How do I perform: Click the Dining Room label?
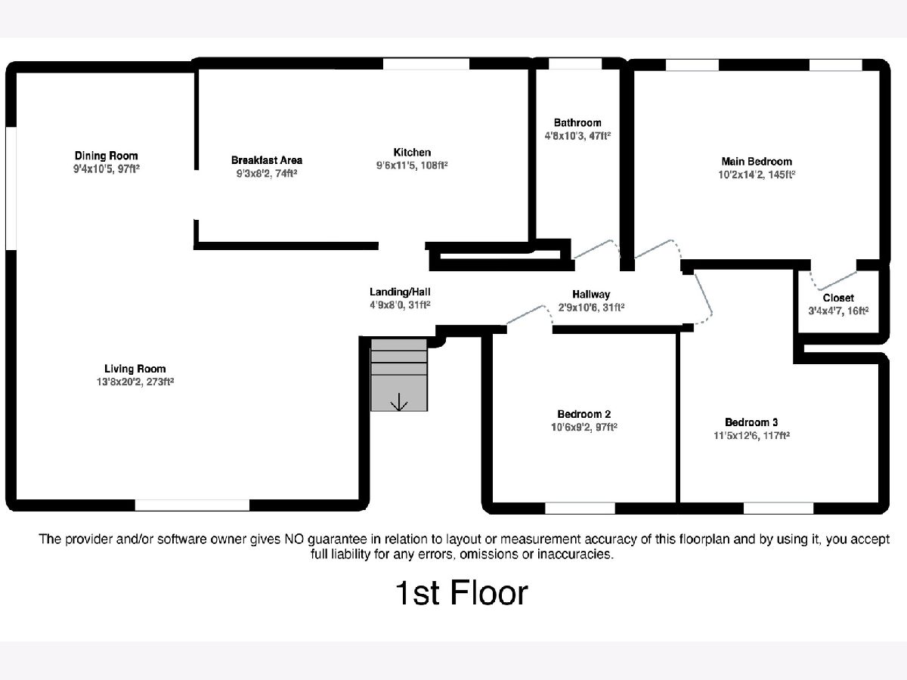[x=106, y=156]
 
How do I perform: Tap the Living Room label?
[x=135, y=369]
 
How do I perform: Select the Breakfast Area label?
[x=266, y=160]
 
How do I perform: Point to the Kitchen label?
[x=412, y=153]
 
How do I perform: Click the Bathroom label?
[x=577, y=122]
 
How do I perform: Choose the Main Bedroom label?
[x=757, y=161]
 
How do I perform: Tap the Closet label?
[x=838, y=298]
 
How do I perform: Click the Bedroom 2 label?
[x=584, y=414]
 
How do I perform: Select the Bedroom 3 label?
[x=751, y=422]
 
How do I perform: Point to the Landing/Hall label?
[x=400, y=292]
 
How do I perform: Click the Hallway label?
[x=591, y=295]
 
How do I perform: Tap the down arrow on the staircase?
[x=399, y=403]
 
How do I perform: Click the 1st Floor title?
[x=461, y=593]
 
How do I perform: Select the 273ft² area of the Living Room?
[x=159, y=382]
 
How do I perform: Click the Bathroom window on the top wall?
[x=575, y=63]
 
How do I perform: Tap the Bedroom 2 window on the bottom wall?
[x=580, y=508]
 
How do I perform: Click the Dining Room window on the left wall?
[x=11, y=187]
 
